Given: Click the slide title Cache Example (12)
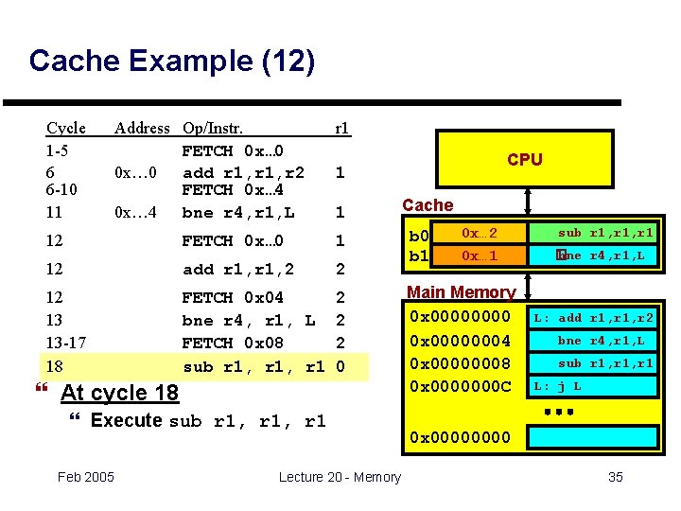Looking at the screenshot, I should tap(171, 62).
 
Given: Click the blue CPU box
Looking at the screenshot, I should tap(524, 159).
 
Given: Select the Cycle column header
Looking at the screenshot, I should tap(66, 128).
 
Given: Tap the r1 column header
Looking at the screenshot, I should tap(341, 128).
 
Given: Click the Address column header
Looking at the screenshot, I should tap(142, 128).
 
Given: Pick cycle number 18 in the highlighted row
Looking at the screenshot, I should tap(55, 365).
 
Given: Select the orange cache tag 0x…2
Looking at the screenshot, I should tap(479, 233).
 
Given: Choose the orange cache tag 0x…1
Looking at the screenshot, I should tap(479, 255).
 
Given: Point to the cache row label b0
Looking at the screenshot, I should tap(418, 235).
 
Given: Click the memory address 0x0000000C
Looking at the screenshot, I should tap(459, 386).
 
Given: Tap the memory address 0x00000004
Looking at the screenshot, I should tap(459, 341).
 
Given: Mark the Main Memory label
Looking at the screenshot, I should tap(461, 292).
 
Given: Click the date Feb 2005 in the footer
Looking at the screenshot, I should tap(86, 476).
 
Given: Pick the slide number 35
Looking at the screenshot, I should tap(615, 476).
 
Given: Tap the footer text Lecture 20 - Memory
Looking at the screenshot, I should tap(340, 476).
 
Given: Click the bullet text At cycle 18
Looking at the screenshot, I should tap(118, 393).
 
